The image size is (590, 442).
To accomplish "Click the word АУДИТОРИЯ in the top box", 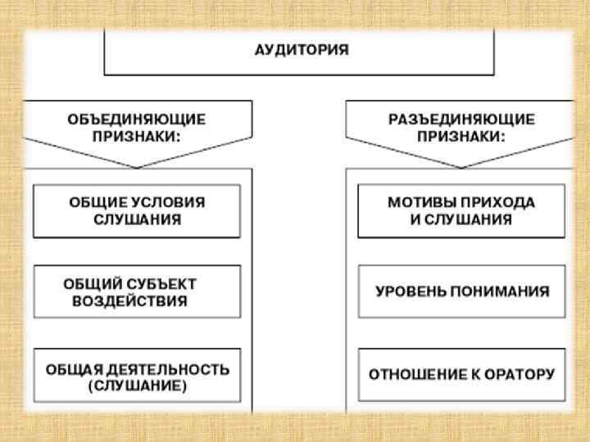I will pos(300,50).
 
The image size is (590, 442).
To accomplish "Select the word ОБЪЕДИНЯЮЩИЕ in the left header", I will pos(137,120).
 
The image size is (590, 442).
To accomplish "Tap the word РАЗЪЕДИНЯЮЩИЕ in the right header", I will pos(461,120).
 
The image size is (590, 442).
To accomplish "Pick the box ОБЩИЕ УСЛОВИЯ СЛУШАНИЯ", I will pos(137,211).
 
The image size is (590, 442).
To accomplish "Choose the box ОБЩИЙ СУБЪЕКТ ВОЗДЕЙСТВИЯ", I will pos(137,291).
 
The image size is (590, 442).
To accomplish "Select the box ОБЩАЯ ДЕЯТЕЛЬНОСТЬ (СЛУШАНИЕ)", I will pos(137,376).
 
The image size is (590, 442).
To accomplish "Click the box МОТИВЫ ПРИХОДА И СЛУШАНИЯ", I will pos(461,211).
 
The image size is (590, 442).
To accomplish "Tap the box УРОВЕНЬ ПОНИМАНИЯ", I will pos(461,291).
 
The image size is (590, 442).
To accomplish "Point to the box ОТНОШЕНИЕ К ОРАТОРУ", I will pos(461,376).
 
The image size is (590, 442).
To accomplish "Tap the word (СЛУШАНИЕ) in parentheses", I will pos(137,386).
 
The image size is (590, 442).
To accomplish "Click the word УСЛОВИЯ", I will pos(168,202).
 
